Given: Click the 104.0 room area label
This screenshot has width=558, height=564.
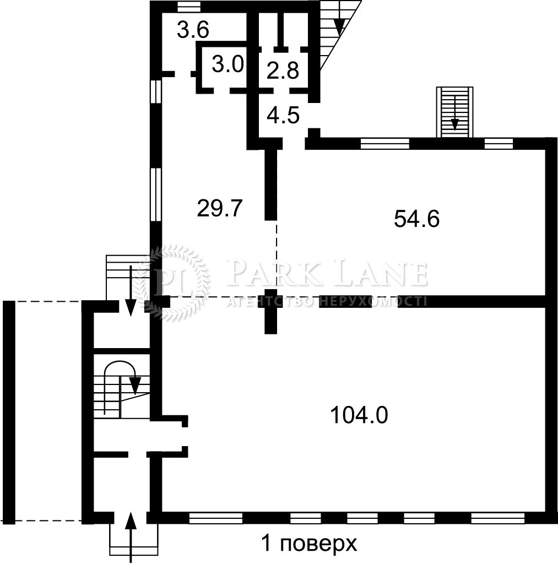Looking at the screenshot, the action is point(359,415).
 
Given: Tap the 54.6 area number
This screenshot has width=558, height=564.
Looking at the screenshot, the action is point(416,219).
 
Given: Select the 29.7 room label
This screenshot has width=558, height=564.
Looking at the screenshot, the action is point(220,208).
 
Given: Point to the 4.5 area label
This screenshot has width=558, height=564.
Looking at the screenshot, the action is point(283,116).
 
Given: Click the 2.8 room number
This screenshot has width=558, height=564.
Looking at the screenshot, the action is point(283,70).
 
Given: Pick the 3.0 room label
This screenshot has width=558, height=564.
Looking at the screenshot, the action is point(228,65).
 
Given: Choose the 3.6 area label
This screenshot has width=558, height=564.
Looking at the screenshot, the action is point(193,30).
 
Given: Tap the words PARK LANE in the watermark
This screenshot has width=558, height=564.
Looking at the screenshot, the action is point(327,274).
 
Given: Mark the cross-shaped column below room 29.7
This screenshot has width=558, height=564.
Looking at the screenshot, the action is point(271,311).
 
